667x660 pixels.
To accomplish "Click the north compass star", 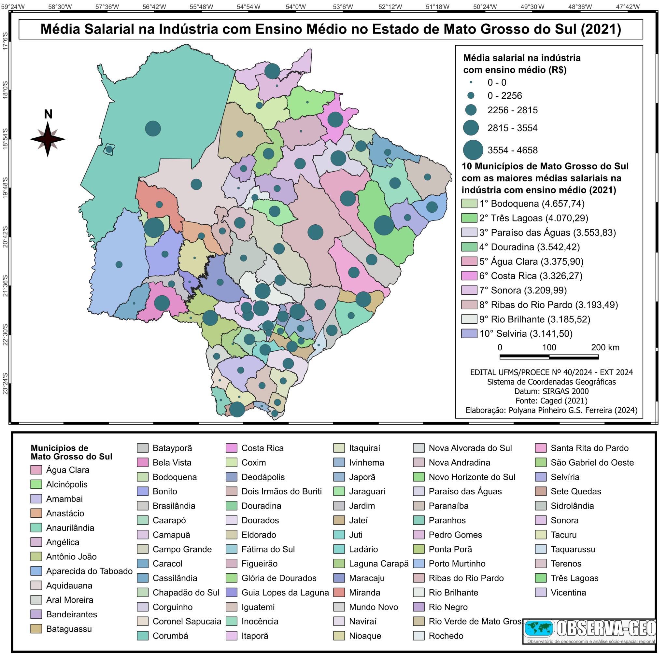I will pyautogui.click(x=48, y=139).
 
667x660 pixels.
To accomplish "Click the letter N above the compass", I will pyautogui.click(x=48, y=114).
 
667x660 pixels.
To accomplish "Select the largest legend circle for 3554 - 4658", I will pyautogui.click(x=473, y=150).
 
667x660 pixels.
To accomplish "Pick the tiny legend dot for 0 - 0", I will pyautogui.click(x=471, y=82).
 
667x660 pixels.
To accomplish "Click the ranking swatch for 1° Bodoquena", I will pyautogui.click(x=469, y=204).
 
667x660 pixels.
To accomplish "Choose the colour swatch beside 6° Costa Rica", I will pyautogui.click(x=469, y=276).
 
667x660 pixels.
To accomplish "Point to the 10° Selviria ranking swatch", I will pyautogui.click(x=469, y=334).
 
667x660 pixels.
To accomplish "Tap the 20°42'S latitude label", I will pyautogui.click(x=5, y=237).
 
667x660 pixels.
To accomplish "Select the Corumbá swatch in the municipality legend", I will pyautogui.click(x=143, y=636).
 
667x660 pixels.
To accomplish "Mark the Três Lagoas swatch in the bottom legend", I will pyautogui.click(x=541, y=578).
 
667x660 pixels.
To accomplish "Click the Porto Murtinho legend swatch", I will pyautogui.click(x=419, y=564).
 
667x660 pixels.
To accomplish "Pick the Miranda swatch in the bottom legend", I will pyautogui.click(x=339, y=592).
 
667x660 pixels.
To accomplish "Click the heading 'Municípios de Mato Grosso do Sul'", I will pyautogui.click(x=71, y=452).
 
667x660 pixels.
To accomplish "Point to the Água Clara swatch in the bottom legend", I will pyautogui.click(x=36, y=470).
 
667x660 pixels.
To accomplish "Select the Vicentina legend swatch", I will pyautogui.click(x=541, y=592).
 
